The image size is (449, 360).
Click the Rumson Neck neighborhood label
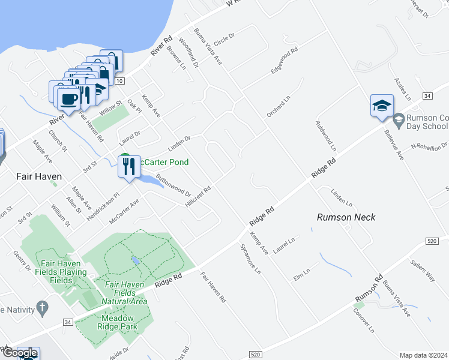click(346, 217)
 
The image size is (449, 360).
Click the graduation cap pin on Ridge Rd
click(382, 106)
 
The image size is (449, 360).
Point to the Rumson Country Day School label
click(427, 122)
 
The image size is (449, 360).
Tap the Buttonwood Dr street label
click(173, 186)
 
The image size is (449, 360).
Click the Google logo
click(19, 353)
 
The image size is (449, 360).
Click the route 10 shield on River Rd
click(120, 80)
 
